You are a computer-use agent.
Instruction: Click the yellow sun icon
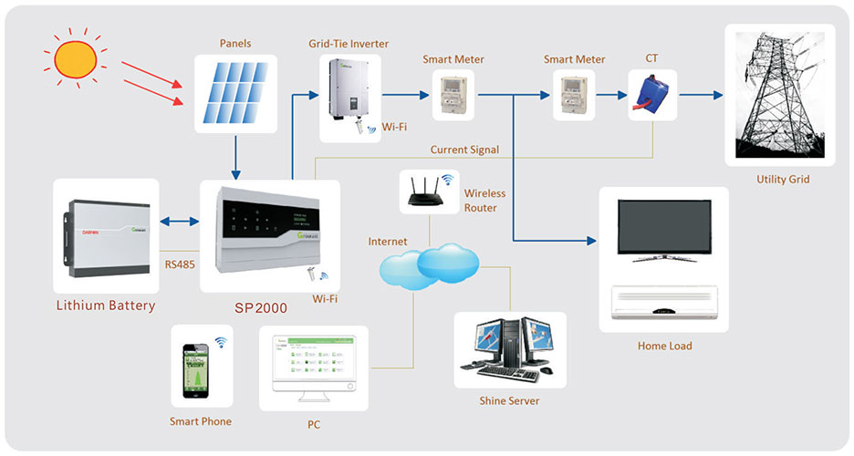pyautogui.click(x=75, y=58)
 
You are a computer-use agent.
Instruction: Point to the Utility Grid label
pyautogui.click(x=783, y=180)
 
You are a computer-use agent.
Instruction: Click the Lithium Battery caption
pyautogui.click(x=106, y=306)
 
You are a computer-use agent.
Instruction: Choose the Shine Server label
pyautogui.click(x=509, y=401)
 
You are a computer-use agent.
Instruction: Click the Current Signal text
pyautogui.click(x=463, y=149)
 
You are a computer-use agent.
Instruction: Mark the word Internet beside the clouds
pyautogui.click(x=388, y=242)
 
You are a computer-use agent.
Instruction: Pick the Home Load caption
pyautogui.click(x=664, y=346)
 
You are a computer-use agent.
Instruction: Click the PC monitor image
pyautogui.click(x=314, y=366)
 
